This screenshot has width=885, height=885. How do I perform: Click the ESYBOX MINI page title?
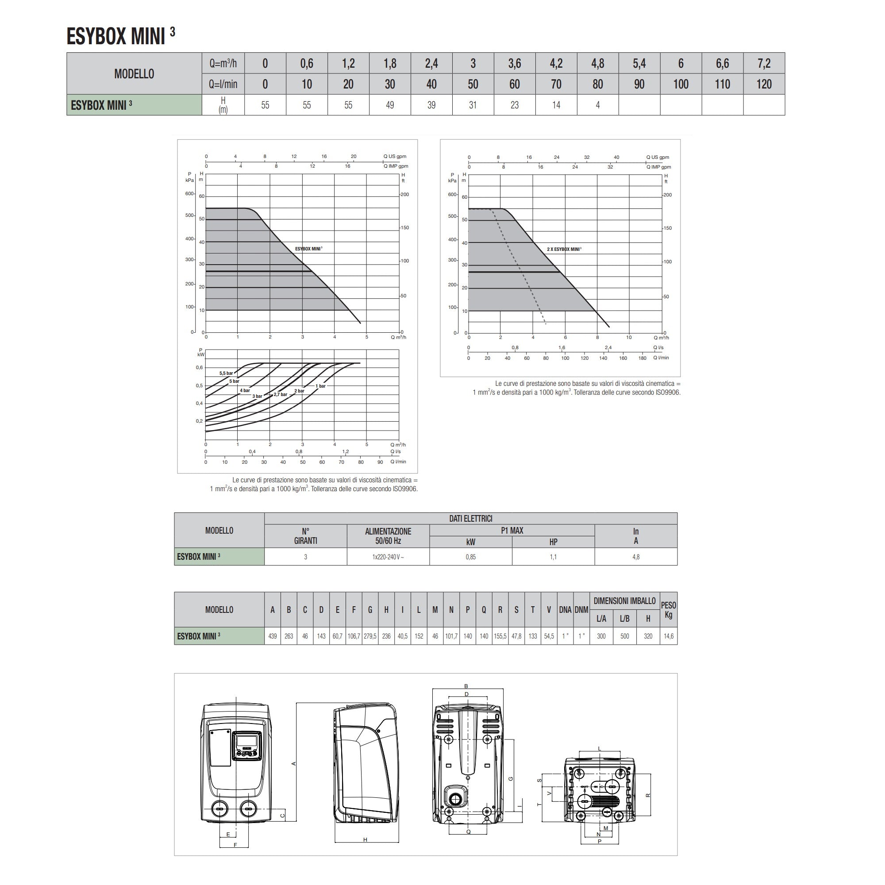click(x=120, y=36)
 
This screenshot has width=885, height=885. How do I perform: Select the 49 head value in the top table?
click(x=390, y=105)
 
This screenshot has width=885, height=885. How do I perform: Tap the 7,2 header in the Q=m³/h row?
click(x=764, y=63)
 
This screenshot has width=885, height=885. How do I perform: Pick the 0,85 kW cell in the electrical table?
click(x=470, y=557)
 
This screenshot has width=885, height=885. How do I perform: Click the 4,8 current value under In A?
click(x=636, y=557)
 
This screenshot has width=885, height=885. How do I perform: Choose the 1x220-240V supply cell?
click(x=388, y=557)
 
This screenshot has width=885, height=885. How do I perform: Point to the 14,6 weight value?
click(x=668, y=636)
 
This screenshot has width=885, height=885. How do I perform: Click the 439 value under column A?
click(x=273, y=636)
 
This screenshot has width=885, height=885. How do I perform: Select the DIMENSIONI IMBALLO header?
click(x=624, y=601)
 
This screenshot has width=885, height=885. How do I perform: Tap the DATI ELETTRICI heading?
click(x=470, y=519)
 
